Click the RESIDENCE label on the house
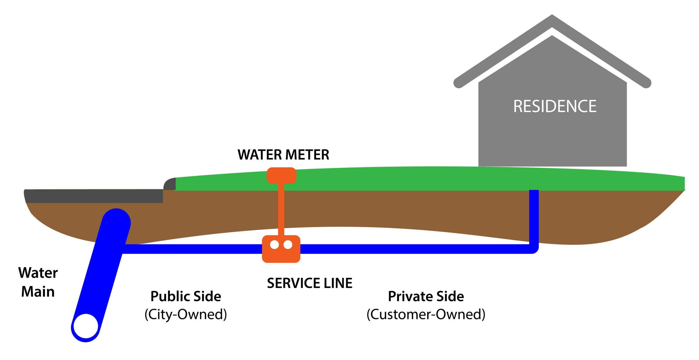(555, 106)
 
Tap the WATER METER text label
(283, 155)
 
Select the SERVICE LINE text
(309, 283)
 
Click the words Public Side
(186, 296)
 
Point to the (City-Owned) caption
(186, 314)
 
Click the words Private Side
(426, 296)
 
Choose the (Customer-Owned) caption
(426, 314)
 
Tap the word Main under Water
(38, 292)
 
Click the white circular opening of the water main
(86, 326)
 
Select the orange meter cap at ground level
(281, 175)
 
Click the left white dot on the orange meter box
(274, 245)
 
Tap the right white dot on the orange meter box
(288, 245)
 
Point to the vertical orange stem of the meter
(281, 209)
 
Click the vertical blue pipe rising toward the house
(534, 217)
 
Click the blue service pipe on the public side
(190, 249)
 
